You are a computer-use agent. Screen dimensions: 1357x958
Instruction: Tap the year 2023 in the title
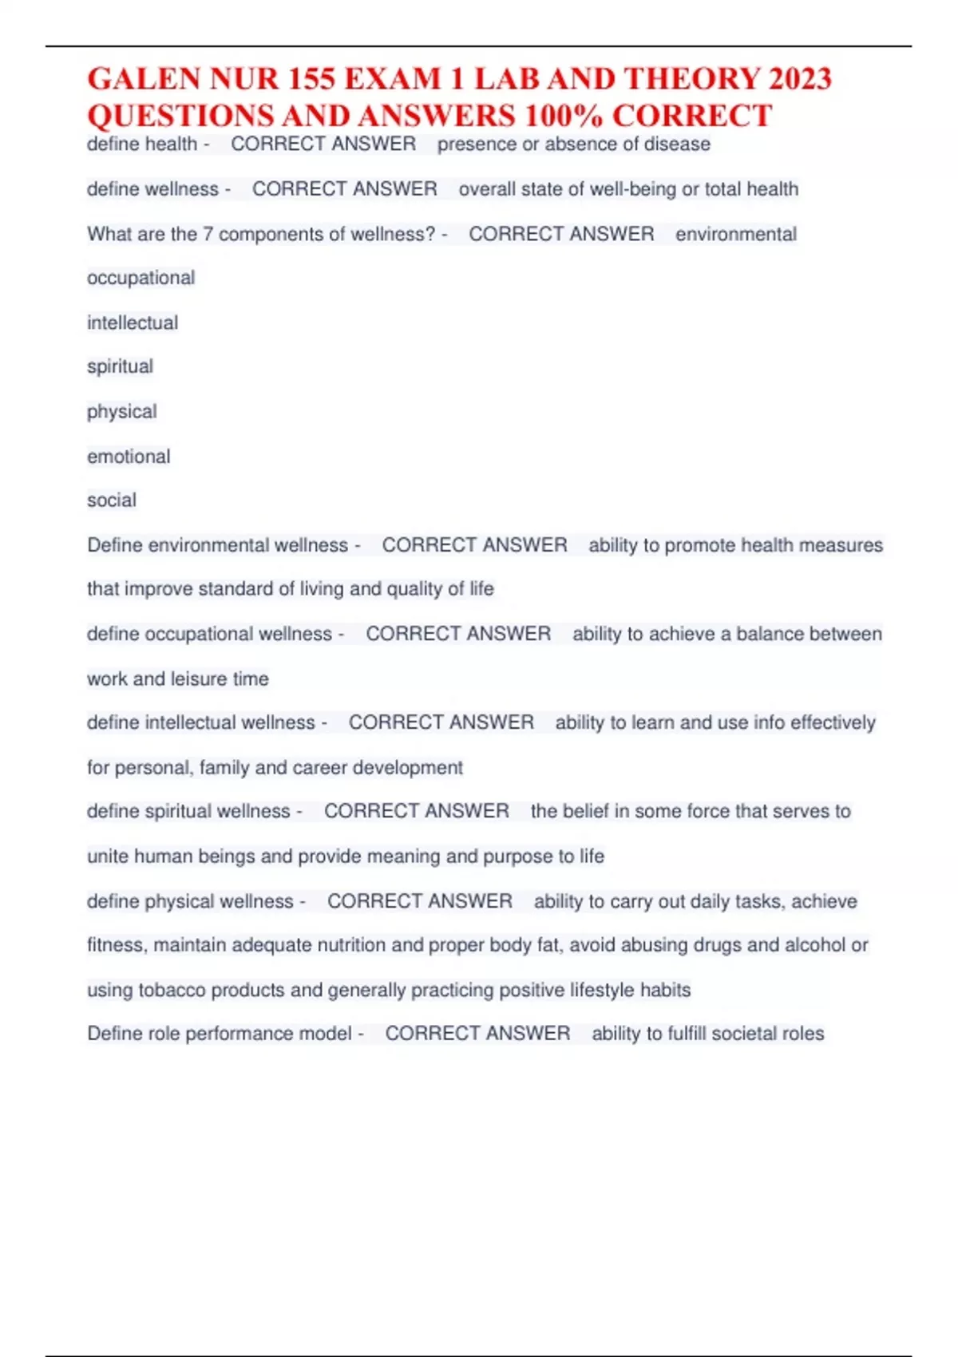pos(800,79)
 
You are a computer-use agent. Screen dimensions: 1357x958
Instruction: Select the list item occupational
pos(141,278)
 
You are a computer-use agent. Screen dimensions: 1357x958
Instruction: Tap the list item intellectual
pos(133,323)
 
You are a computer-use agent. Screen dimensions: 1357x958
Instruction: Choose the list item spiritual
pos(120,367)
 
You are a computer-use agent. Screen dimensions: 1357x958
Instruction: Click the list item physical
pos(121,412)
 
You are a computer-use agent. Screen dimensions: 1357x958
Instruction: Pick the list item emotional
pos(129,457)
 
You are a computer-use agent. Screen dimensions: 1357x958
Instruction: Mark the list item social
pos(112,500)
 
